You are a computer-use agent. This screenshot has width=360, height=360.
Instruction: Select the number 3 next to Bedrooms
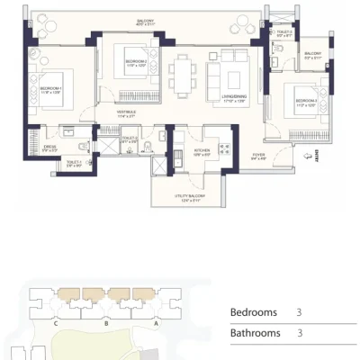[298, 312]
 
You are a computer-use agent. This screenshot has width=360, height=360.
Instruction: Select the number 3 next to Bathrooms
[298, 333]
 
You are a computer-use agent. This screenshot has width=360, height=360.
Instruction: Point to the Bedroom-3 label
[296, 103]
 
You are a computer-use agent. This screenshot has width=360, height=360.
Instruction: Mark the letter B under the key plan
[106, 322]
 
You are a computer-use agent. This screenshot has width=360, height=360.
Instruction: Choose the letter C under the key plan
[57, 322]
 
